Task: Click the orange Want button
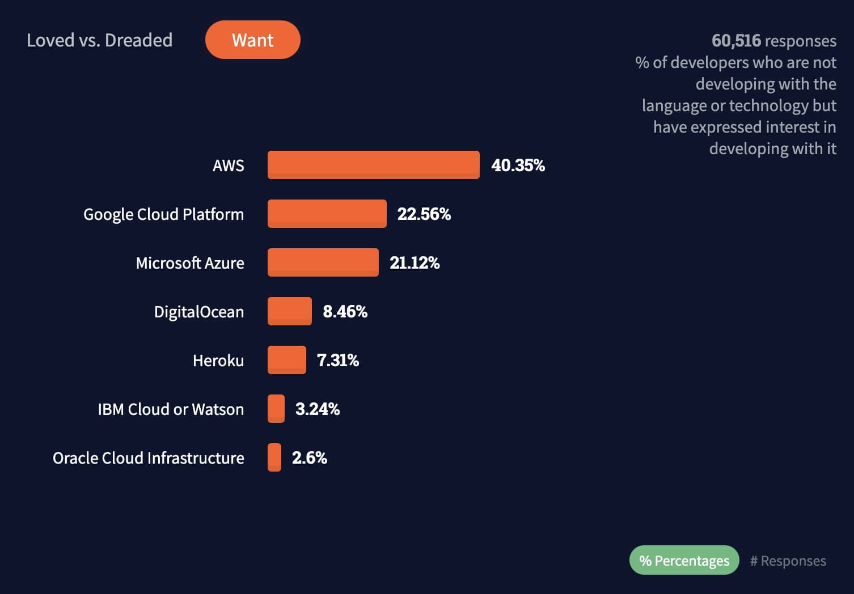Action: [x=252, y=40]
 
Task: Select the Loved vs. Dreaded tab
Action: [x=99, y=40]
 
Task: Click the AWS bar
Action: [x=373, y=165]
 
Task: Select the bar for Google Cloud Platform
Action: [x=327, y=214]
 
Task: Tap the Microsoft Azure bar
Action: [x=323, y=262]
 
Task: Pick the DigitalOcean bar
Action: [x=289, y=311]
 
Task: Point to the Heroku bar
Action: [x=286, y=360]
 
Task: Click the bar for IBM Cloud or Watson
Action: [x=276, y=409]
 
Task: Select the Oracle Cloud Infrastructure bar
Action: [x=274, y=457]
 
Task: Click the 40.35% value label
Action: [x=518, y=165]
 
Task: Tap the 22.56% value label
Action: [x=424, y=214]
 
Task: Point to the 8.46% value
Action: [x=345, y=311]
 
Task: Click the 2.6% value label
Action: [x=309, y=457]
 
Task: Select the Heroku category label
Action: [x=218, y=360]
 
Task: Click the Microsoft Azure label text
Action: [x=190, y=263]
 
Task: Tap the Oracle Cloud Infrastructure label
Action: [x=149, y=458]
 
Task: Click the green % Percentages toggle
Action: [x=684, y=560]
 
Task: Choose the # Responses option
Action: [x=788, y=561]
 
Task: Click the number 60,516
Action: [x=736, y=40]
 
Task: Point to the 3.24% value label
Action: [x=317, y=409]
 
